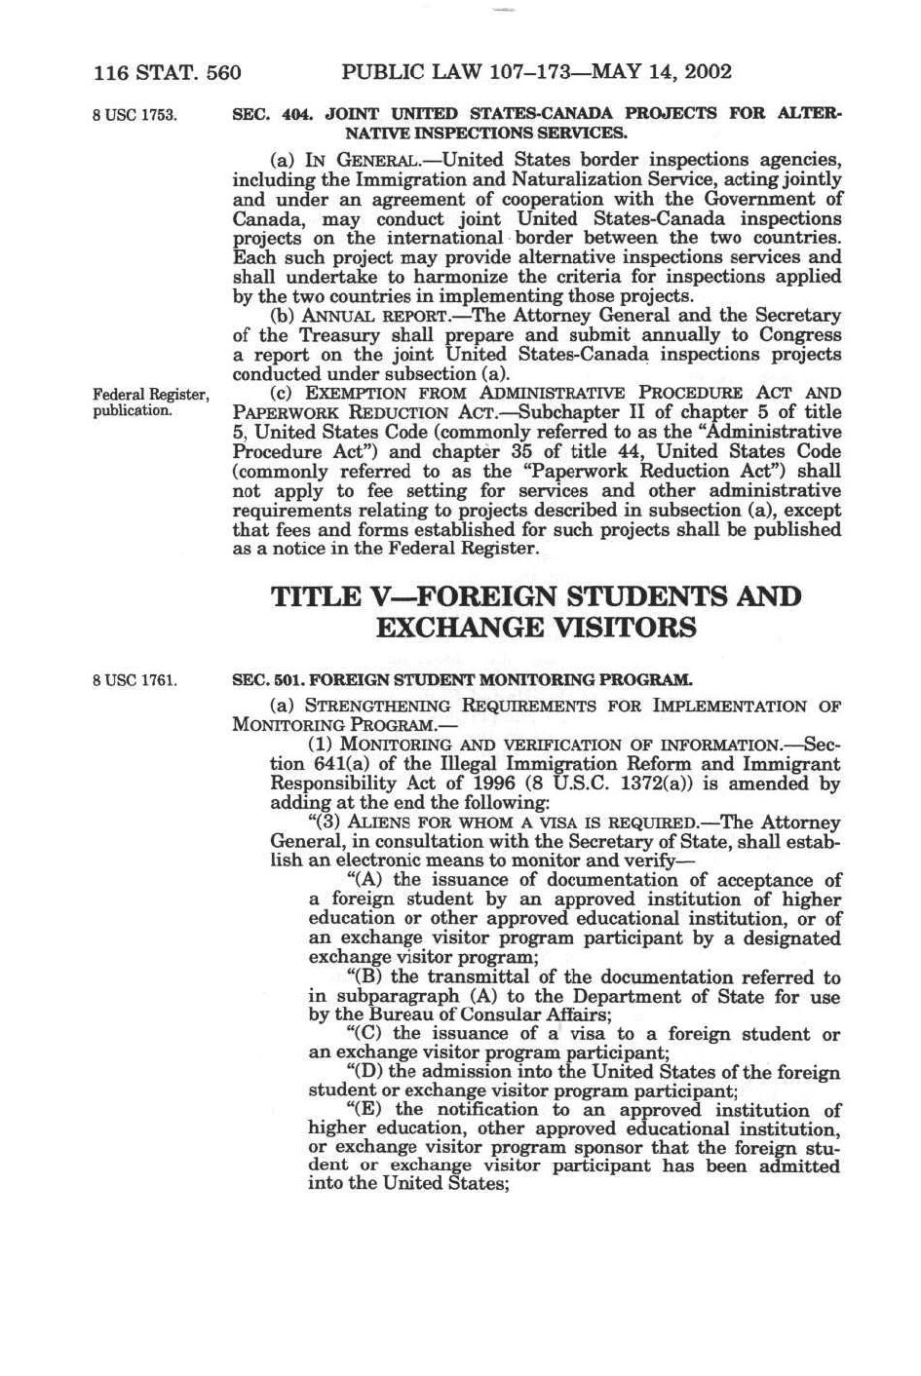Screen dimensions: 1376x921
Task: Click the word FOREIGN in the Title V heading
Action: (481, 596)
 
